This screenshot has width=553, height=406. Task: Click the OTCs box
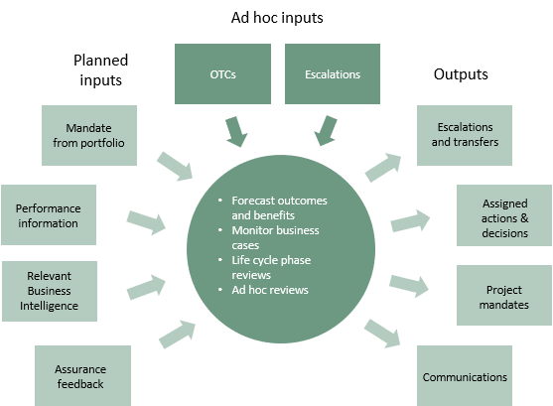[x=223, y=73]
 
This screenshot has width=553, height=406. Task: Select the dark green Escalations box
[x=333, y=73]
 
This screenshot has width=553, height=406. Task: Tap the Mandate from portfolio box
[x=89, y=135]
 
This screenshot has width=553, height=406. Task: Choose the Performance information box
[x=49, y=214]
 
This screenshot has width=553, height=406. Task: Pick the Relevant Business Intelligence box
[x=50, y=291]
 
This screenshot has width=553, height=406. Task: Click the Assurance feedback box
[x=82, y=375]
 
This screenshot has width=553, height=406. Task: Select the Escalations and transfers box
[x=465, y=135]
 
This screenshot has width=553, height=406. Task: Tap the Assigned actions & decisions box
[x=504, y=215]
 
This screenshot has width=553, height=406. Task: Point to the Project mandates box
[x=504, y=295]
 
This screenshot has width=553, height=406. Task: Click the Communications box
[x=465, y=375]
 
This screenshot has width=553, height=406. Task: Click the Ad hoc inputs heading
[x=277, y=18]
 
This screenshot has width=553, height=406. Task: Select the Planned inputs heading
[x=100, y=69]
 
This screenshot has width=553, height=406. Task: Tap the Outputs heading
[x=461, y=74]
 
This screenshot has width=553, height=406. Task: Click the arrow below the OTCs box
[x=236, y=131]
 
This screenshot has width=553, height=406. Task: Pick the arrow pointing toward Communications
[x=382, y=334]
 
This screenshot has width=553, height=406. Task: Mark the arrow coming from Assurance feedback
[x=178, y=334]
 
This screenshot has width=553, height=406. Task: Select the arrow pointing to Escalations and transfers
[x=383, y=167]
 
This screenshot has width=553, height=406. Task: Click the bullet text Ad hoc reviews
[x=270, y=290]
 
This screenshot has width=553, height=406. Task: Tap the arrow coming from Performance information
[x=146, y=222]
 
